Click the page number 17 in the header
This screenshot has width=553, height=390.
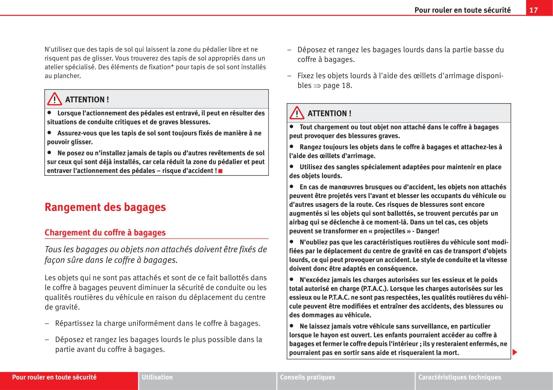(534, 10)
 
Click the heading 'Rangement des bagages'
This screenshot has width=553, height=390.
(105, 207)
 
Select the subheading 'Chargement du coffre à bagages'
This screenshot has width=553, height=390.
(105, 232)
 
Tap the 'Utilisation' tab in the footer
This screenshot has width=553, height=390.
(157, 377)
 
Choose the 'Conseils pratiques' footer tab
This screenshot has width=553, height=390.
(308, 377)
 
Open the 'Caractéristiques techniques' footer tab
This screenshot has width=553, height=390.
(460, 377)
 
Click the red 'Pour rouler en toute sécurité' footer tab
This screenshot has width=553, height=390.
(54, 377)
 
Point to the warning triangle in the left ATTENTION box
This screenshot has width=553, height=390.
(55, 99)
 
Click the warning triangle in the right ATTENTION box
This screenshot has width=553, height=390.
(297, 113)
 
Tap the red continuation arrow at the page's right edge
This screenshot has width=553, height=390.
(515, 352)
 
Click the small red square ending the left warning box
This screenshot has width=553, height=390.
(221, 171)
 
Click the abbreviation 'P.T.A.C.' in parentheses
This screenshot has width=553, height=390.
(374, 288)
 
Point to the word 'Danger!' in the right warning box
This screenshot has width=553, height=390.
(427, 231)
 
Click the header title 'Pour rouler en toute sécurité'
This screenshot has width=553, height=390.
(462, 10)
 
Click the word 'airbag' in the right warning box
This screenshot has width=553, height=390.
(299, 222)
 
